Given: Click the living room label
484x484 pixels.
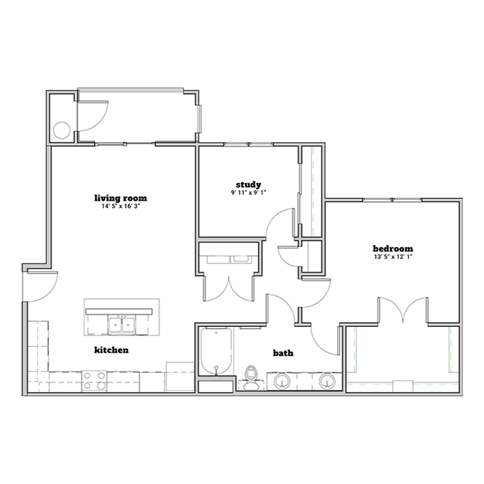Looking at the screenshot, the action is tap(120, 198).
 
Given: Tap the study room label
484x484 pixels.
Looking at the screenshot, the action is tap(248, 185).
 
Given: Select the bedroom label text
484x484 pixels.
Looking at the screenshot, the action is tap(393, 248).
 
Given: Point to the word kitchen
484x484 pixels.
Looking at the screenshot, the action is tap(111, 350).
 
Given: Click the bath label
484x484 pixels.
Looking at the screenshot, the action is tap(283, 353).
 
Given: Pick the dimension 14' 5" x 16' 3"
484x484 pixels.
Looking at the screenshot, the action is tap(120, 206).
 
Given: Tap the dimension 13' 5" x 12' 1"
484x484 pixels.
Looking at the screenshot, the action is tap(393, 257).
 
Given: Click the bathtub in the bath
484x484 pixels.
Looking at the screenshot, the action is tap(216, 352).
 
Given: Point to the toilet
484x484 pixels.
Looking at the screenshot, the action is tap(251, 377).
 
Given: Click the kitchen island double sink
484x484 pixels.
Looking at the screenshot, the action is tap(122, 325).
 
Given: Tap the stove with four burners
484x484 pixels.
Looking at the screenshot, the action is tap(95, 381).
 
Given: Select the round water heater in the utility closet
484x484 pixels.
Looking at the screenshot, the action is tap(62, 130).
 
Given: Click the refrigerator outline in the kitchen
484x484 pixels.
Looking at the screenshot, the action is tap(180, 377).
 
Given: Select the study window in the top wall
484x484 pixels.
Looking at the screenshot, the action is tap(248, 144).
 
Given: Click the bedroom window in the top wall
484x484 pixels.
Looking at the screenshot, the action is tap(393, 200).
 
